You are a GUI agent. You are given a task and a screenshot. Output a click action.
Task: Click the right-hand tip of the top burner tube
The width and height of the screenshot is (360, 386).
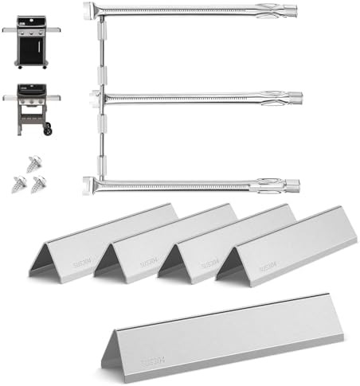[x=296, y=15]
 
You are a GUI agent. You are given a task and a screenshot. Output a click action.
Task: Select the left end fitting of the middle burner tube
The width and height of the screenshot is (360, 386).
[x=96, y=97]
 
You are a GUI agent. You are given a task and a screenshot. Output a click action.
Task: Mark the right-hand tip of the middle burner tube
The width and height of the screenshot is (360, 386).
[x=296, y=99]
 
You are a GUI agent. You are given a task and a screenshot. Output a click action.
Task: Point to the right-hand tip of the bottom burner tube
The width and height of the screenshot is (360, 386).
[x=296, y=186]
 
